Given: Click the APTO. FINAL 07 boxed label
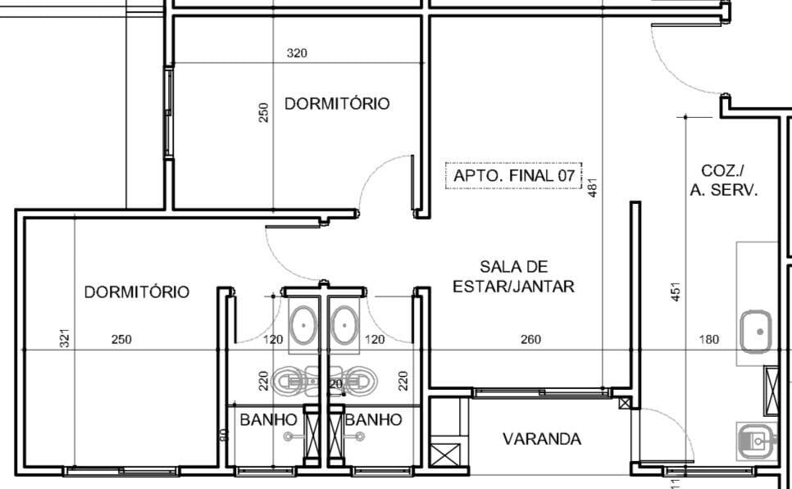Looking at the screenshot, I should tap(513, 176).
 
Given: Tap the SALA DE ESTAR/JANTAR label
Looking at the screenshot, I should tap(514, 277).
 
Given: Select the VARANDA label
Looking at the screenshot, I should tap(542, 439).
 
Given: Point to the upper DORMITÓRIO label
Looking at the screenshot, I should tap(337, 104).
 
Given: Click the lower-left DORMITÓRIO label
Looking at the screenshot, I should tap(137, 292).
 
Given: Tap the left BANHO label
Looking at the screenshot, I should tap(268, 420).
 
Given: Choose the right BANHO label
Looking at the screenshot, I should tap(374, 420).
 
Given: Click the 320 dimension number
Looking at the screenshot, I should tap(297, 54).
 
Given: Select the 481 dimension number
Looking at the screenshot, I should tap(593, 188).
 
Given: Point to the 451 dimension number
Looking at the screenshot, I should tap(676, 292).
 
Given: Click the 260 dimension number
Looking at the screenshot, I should tap(530, 339).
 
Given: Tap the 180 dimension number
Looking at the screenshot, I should tap(708, 339).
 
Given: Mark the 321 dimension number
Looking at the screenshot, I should tap(66, 339).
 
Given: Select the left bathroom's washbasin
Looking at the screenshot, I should tap(305, 325).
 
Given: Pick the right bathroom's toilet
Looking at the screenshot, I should tap(361, 380).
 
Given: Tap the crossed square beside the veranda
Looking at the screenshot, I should tap(448, 453).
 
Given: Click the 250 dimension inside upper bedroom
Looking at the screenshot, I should tap(263, 112).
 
